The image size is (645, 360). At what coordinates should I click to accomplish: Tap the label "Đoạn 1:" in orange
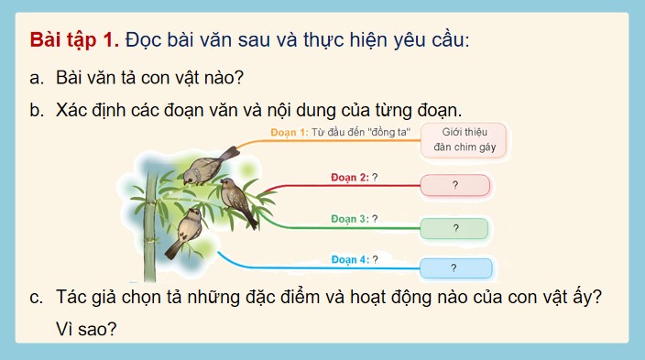click(x=290, y=133)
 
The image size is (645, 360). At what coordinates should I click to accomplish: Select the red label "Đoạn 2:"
click(x=347, y=177)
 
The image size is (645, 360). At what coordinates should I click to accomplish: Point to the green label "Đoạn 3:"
click(x=349, y=219)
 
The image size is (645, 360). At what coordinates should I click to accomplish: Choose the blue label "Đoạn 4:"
click(x=349, y=259)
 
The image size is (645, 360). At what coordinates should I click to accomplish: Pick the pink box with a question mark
click(x=454, y=186)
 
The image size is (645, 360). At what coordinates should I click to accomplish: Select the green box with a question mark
click(x=454, y=228)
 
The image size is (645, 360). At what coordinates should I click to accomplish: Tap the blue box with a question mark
click(x=455, y=268)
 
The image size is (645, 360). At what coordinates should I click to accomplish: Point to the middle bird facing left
click(x=237, y=200)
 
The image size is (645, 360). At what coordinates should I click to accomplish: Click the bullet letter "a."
click(x=37, y=77)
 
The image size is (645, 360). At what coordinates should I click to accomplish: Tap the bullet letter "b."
click(x=37, y=111)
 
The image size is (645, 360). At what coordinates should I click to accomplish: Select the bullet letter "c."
click(x=37, y=299)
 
